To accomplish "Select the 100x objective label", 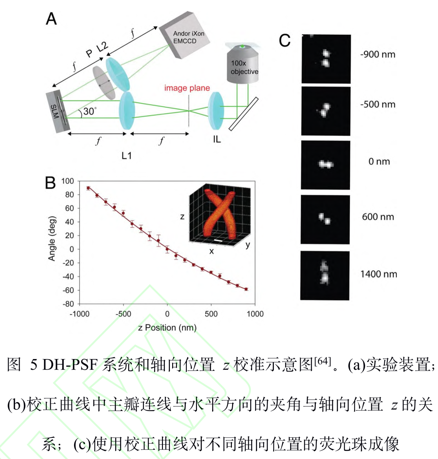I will click(244, 67).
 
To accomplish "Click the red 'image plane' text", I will click(187, 88).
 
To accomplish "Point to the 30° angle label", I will click(90, 111).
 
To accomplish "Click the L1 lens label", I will click(127, 155).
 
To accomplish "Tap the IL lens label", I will click(217, 139).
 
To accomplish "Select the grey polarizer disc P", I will click(104, 83).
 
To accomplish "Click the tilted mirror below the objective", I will click(243, 114).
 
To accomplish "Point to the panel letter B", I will click(50, 183).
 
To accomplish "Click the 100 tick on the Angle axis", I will click(67, 181).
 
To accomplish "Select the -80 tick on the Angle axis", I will click(68, 304).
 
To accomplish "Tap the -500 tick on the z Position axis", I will click(123, 314).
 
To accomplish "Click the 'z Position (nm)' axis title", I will click(167, 328).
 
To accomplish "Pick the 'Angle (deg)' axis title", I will click(52, 239).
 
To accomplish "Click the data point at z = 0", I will click(167, 249).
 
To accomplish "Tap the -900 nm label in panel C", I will click(378, 55).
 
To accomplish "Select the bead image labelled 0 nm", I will click(325, 165).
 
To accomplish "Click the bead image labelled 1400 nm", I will click(325, 275).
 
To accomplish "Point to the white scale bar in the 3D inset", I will click(218, 240).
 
